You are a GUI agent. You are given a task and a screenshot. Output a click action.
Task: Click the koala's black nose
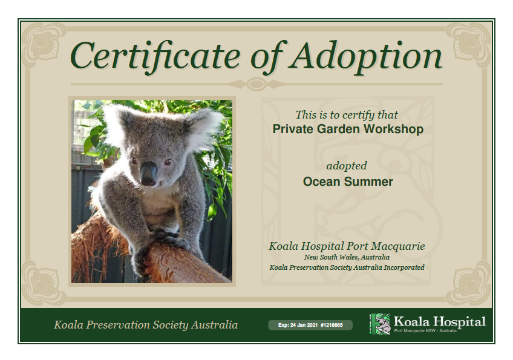pos(149,174)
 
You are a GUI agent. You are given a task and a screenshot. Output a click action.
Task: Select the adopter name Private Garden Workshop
pos(348,129)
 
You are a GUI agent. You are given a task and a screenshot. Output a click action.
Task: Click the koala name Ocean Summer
pos(348,182)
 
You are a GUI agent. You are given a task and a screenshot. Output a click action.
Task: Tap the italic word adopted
pos(347,166)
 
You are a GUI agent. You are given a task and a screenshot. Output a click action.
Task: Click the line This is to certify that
pos(347,114)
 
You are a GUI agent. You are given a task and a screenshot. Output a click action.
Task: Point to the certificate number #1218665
pos(332,325)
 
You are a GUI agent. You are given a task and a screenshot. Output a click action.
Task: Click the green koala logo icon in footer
pos(379,324)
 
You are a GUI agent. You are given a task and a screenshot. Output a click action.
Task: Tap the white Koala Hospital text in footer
pos(440,321)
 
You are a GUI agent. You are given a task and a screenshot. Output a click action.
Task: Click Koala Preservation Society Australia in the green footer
pos(146,325)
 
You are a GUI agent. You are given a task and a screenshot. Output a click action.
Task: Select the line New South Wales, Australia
pos(347,257)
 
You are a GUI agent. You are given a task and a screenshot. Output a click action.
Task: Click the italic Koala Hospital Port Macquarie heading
pos(347,246)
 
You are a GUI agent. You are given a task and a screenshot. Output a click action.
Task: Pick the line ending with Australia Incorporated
pos(347,267)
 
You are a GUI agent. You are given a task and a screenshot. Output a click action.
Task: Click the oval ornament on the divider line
pos(256,85)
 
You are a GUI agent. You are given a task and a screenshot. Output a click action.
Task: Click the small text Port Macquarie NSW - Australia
pos(425,331)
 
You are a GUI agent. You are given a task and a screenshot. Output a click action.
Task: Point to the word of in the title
pos(266,57)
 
